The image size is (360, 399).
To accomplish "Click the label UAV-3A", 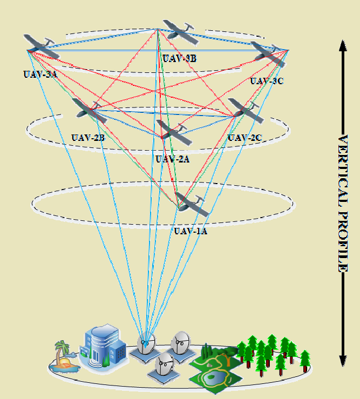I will [40, 75].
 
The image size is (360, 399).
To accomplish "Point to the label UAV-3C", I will [267, 81].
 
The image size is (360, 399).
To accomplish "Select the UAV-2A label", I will [172, 159].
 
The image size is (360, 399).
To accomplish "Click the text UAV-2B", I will [88, 138].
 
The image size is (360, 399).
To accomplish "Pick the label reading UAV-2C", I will [244, 138].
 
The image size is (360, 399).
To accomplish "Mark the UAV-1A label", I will [191, 231].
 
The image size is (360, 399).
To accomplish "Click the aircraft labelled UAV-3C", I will [269, 53].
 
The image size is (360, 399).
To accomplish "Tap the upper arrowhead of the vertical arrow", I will [342, 45].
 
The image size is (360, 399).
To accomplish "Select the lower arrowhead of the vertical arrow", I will [342, 361].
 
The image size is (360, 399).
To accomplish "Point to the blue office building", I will [100, 346].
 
